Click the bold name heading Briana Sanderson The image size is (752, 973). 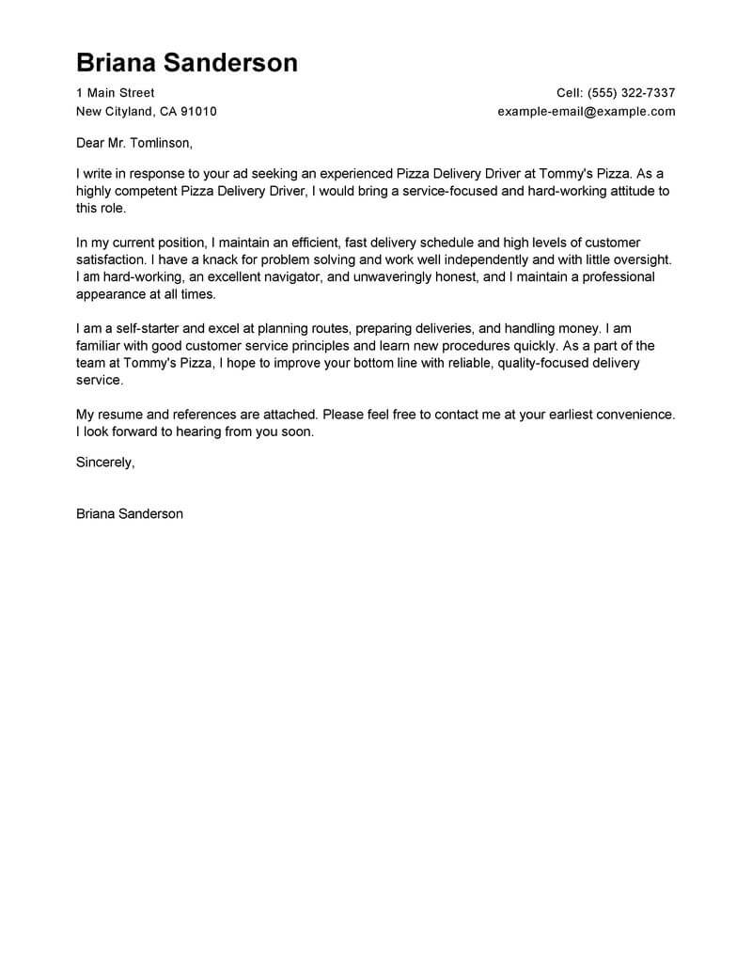(x=186, y=62)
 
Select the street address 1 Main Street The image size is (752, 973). (x=115, y=93)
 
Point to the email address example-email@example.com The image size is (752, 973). (x=587, y=111)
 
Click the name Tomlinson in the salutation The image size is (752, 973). (x=158, y=144)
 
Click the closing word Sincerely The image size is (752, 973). (x=105, y=463)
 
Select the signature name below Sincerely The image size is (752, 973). (x=130, y=514)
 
